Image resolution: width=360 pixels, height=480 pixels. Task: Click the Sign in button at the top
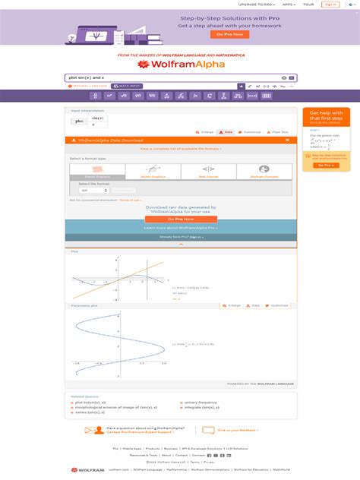[x=330, y=4]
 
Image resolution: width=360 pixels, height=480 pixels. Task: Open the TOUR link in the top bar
[x=309, y=4]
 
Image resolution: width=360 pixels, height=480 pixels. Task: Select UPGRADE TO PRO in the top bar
[x=255, y=4]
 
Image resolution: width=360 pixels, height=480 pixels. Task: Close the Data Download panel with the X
[x=287, y=140]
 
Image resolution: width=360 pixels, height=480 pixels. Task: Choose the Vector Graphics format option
[x=159, y=172]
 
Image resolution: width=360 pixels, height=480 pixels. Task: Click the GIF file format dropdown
[x=90, y=190]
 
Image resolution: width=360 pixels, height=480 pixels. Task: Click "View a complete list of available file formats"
[x=180, y=149]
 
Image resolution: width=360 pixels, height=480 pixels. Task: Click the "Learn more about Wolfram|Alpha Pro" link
[x=180, y=227]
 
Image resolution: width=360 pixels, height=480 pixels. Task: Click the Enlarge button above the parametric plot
[x=232, y=305]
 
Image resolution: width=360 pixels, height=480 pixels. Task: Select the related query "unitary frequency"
[x=201, y=402]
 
